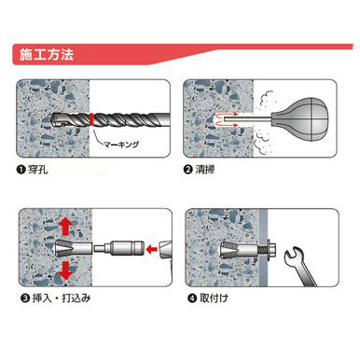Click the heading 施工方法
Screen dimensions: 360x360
(47, 54)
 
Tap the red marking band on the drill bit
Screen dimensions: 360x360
(91, 119)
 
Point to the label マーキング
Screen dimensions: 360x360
(121, 145)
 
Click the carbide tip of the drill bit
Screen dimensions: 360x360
(56, 119)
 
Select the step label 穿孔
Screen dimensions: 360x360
(38, 170)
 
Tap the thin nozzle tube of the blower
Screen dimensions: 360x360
(248, 118)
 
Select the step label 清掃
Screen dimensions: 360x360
(205, 170)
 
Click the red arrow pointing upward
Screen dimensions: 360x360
(65, 227)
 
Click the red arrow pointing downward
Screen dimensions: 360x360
(65, 270)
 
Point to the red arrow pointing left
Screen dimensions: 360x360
(151, 249)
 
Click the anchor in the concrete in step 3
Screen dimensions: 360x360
(74, 249)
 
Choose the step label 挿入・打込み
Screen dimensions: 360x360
(62, 298)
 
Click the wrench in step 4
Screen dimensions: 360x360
(299, 265)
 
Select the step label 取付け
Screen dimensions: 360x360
(214, 298)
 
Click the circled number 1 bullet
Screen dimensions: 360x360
(21, 170)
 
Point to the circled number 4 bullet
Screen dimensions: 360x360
(192, 298)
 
